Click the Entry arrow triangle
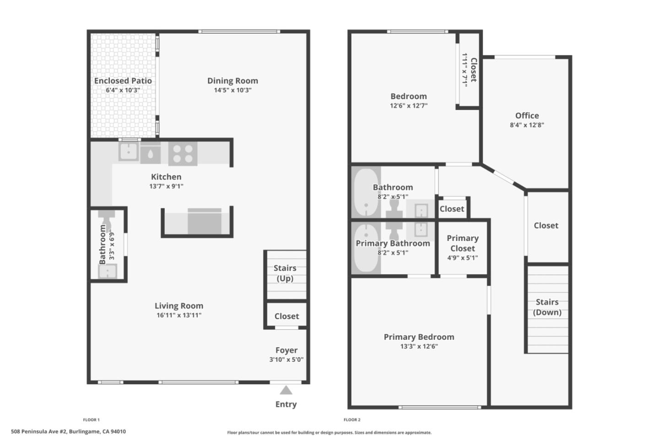[286, 390]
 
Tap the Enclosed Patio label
[123, 80]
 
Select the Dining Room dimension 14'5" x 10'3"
[232, 90]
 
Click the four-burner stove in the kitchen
[183, 153]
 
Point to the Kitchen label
[166, 177]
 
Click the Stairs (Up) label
[285, 273]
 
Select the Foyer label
[286, 350]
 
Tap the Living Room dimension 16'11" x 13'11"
[179, 315]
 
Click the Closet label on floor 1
[286, 316]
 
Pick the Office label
[527, 116]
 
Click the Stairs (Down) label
[547, 307]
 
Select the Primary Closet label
[463, 243]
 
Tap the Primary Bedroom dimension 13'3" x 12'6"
[419, 346]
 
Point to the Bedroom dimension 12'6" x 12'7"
[409, 106]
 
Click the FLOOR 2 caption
[352, 420]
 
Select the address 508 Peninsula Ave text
[68, 431]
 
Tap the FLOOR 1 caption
[91, 420]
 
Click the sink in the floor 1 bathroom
[108, 272]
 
